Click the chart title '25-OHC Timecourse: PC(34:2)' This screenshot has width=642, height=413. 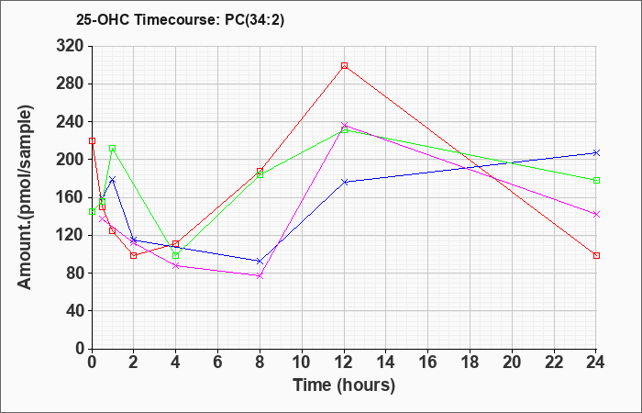[x=180, y=20]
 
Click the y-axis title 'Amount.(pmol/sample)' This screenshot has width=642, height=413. [x=25, y=197]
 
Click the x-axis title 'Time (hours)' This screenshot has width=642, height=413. [x=344, y=385]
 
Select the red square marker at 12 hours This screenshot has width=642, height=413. [x=344, y=65]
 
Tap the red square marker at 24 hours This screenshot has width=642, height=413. [x=596, y=256]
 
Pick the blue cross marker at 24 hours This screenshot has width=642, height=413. [x=596, y=153]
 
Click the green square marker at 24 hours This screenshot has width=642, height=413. [x=596, y=180]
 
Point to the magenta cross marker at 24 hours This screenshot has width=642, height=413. [x=596, y=214]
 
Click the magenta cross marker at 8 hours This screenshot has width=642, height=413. [x=260, y=276]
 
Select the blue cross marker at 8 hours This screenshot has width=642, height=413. [x=260, y=261]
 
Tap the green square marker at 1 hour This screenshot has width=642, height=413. [x=112, y=149]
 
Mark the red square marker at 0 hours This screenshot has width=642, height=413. [x=92, y=141]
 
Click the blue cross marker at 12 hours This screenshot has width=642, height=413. [x=344, y=182]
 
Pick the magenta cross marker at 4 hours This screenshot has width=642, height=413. [x=176, y=266]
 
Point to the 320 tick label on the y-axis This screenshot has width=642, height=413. [x=70, y=46]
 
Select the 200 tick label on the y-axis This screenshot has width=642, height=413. [x=70, y=160]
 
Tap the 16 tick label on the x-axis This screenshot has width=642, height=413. [x=428, y=363]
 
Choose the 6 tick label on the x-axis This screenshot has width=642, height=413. [x=218, y=363]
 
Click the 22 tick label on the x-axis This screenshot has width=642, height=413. [x=554, y=363]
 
